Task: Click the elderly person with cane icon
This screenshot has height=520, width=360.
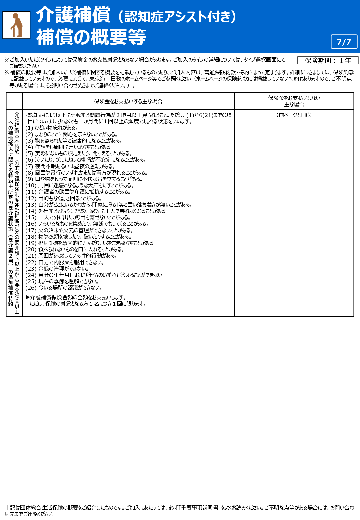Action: pos(16,25)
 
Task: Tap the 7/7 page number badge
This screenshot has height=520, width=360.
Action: pos(344,42)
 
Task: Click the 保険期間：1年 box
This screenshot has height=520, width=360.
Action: pos(328,60)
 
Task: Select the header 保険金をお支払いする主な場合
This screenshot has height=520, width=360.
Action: pos(128,101)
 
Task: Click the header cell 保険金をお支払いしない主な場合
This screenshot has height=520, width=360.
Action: pos(294,101)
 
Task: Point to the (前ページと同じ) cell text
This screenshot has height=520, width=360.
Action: pos(294,115)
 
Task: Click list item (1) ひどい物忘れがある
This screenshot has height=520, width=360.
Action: pos(51,128)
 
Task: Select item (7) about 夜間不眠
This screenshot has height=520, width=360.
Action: pos(70,166)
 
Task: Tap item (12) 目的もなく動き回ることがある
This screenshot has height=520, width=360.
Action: pos(63,198)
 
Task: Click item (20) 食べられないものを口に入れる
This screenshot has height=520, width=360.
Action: pos(75,249)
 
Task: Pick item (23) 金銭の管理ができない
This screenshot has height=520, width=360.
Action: pos(57,269)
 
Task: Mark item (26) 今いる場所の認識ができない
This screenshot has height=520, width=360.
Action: pos(64,288)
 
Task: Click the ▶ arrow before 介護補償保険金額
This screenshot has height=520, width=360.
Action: pos(28,297)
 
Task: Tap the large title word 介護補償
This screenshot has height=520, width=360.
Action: pos(73,15)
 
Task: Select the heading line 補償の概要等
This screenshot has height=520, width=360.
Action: pos(91,37)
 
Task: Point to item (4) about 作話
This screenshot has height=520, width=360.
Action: pos(69,147)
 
